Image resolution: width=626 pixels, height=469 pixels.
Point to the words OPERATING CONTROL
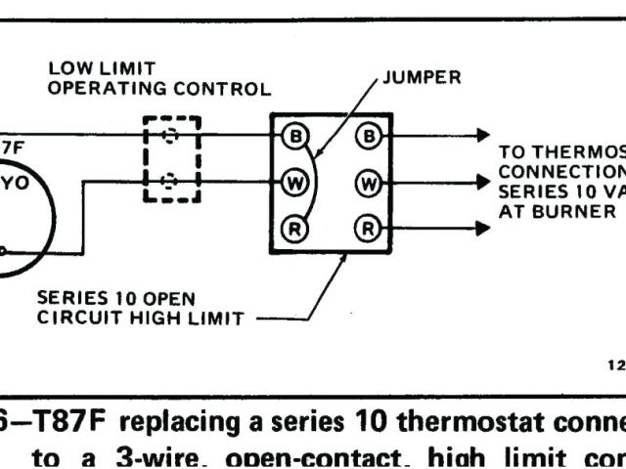click(159, 88)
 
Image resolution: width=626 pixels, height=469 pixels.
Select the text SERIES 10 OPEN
click(115, 298)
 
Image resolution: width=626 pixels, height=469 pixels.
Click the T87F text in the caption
click(65, 424)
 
